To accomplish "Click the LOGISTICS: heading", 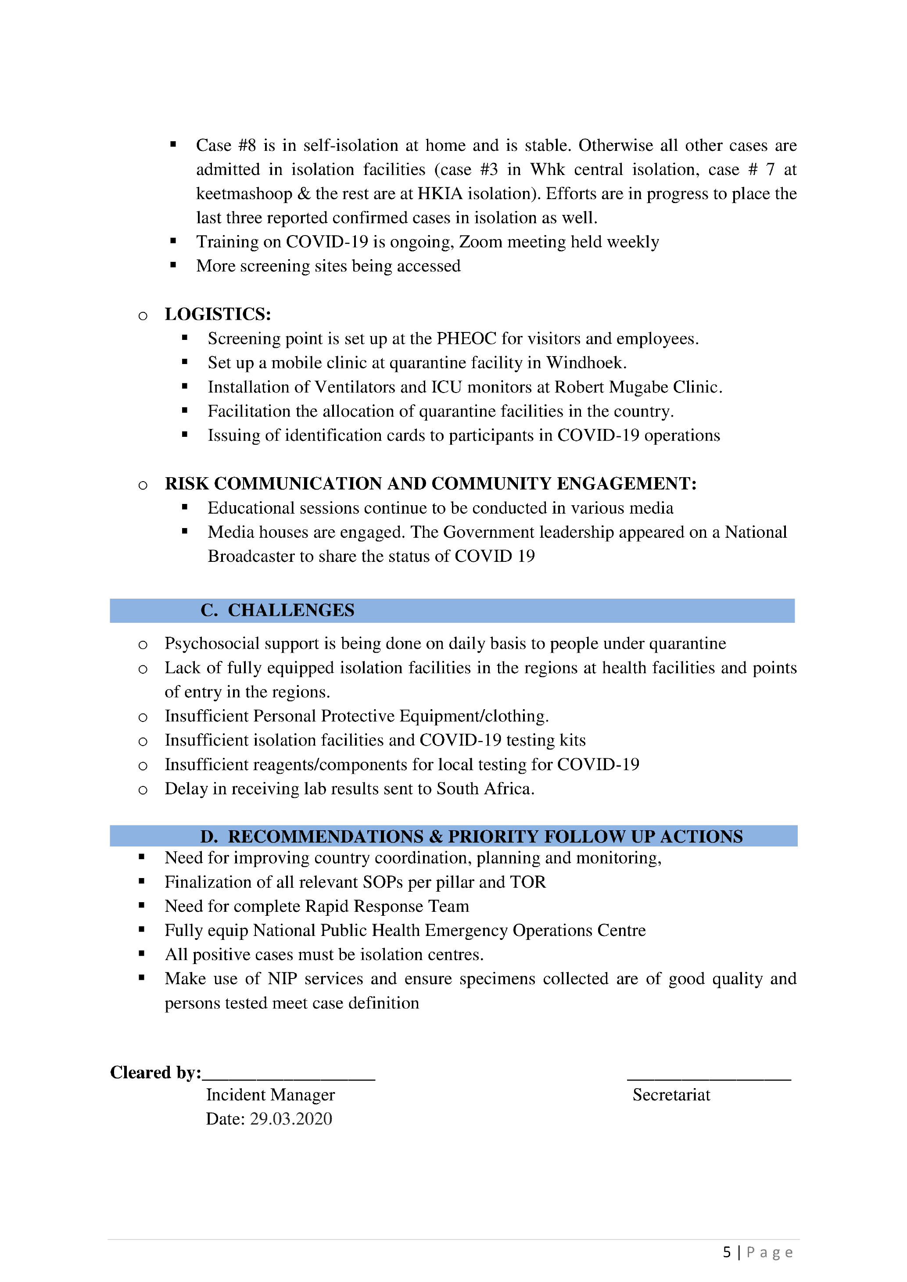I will coord(217,314).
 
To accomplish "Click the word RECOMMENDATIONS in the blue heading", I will coord(326,836).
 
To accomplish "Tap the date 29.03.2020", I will coord(290,1118).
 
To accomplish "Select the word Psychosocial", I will coord(212,643).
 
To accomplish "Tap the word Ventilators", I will coord(355,387).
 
